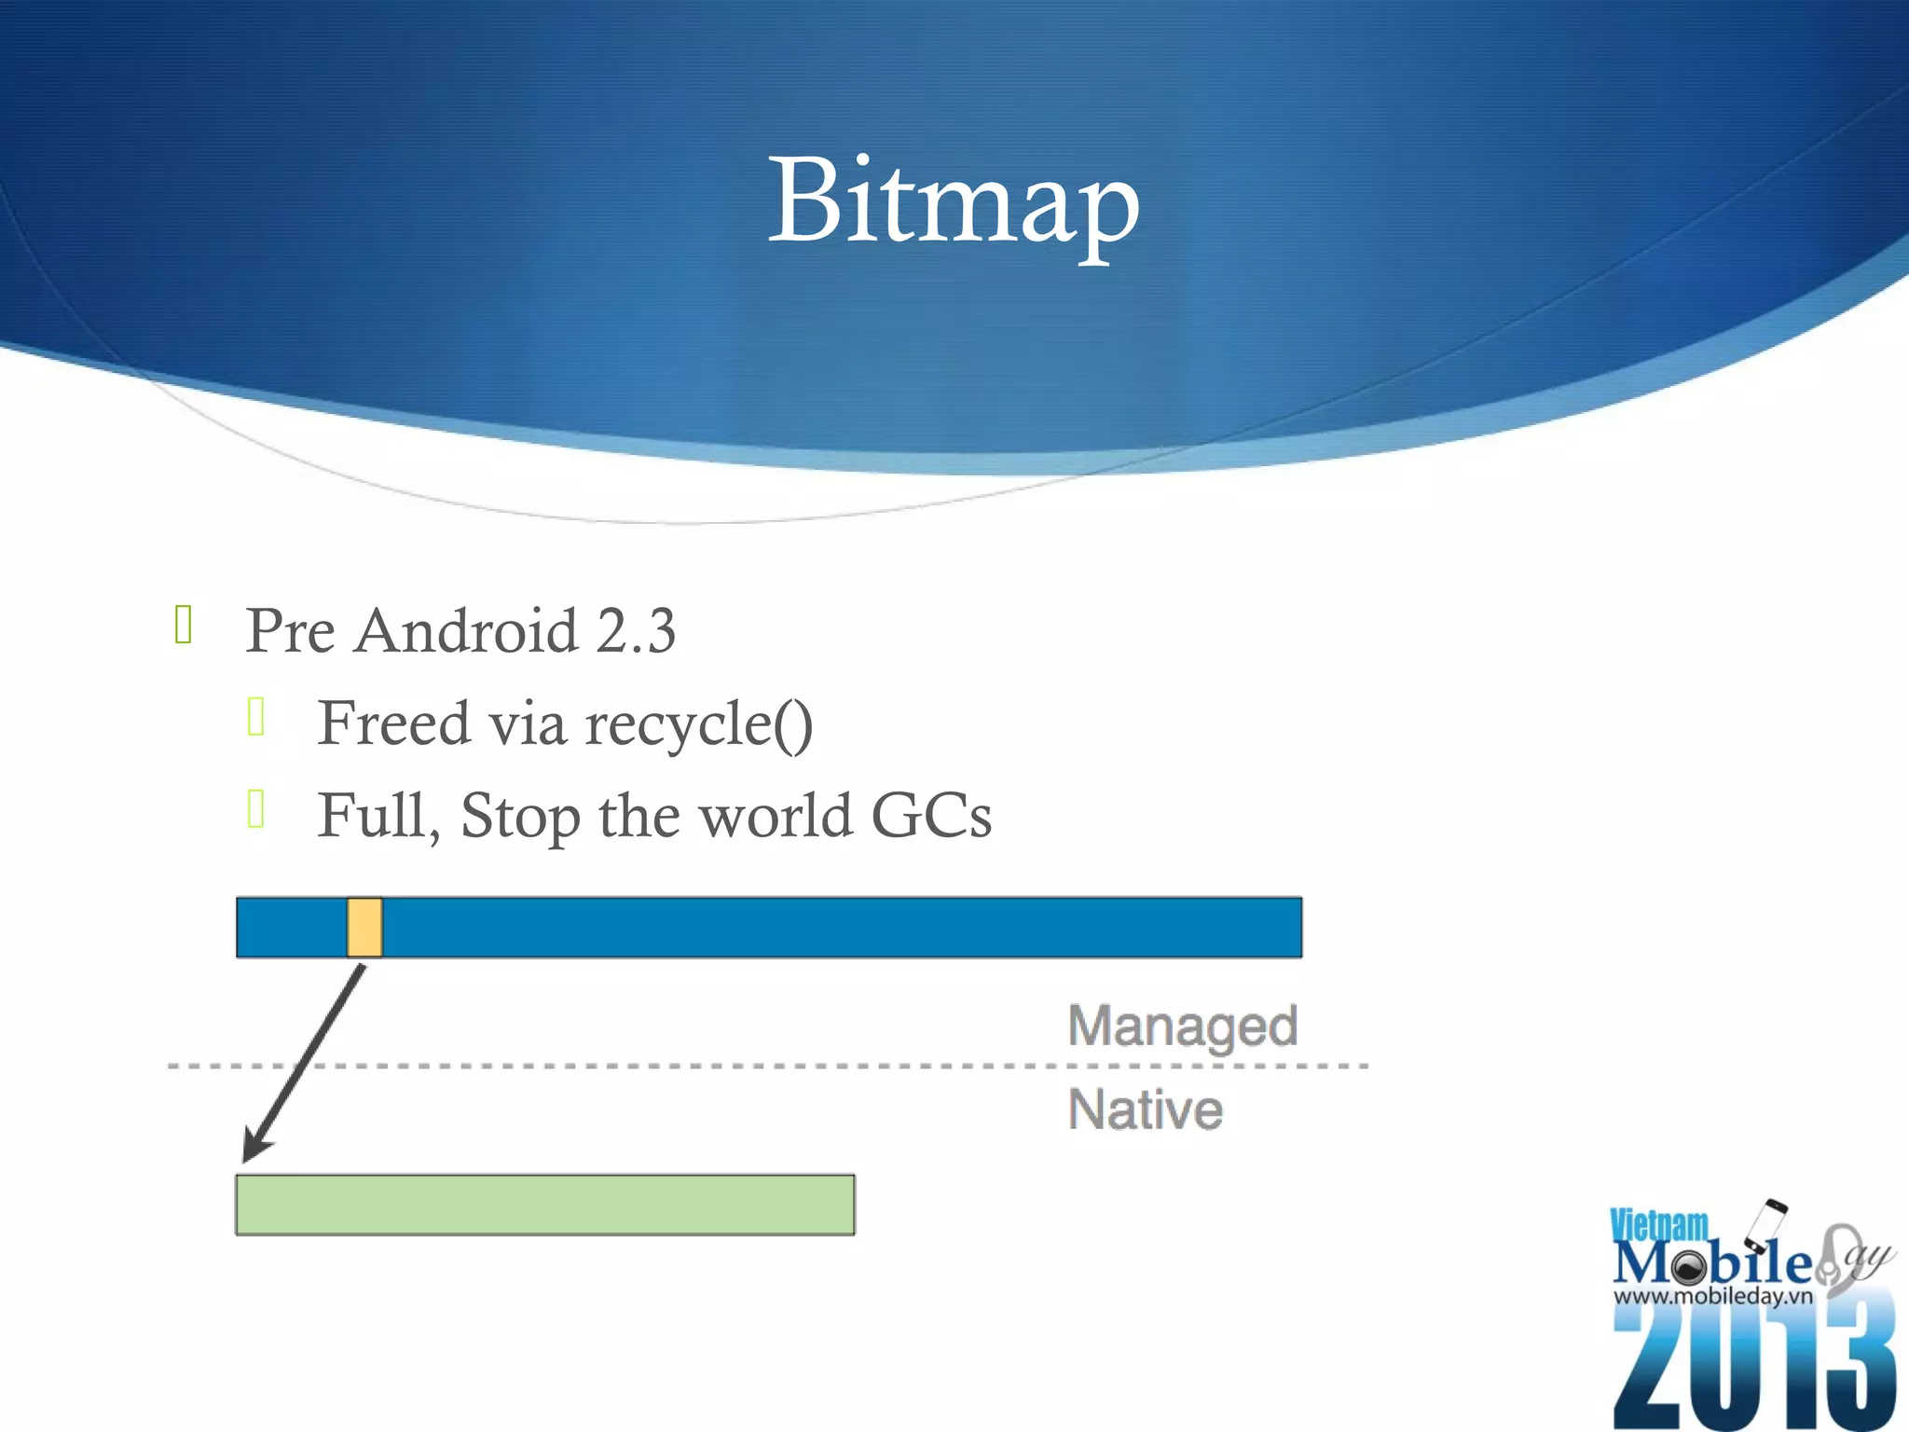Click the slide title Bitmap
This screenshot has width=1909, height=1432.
[x=954, y=202]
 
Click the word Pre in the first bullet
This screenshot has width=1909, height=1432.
[x=290, y=631]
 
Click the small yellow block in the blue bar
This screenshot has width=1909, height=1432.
[x=364, y=928]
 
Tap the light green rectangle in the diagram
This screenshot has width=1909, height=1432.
[x=545, y=1205]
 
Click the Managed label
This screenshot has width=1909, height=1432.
[x=1183, y=1027]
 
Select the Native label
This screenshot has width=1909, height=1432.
[x=1146, y=1109]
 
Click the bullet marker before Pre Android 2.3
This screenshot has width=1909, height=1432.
[x=184, y=625]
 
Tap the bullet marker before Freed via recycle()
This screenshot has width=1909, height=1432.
[x=257, y=717]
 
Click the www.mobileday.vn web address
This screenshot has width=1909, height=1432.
[x=1713, y=1296]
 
